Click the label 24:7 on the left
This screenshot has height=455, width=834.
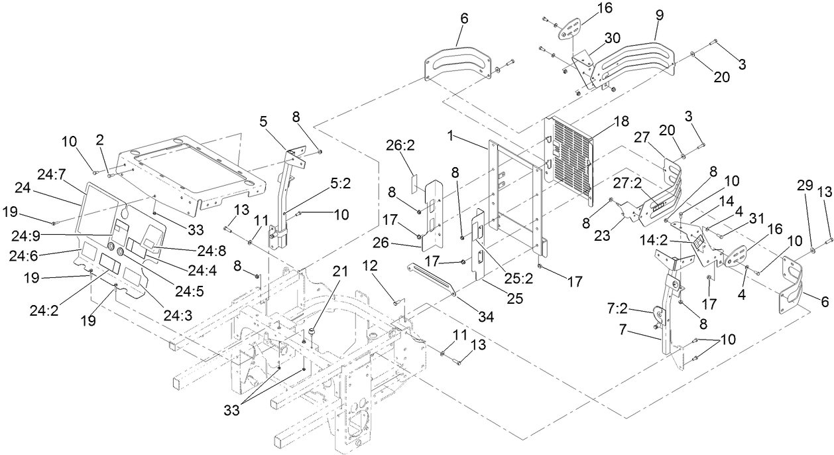tap(52, 175)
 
